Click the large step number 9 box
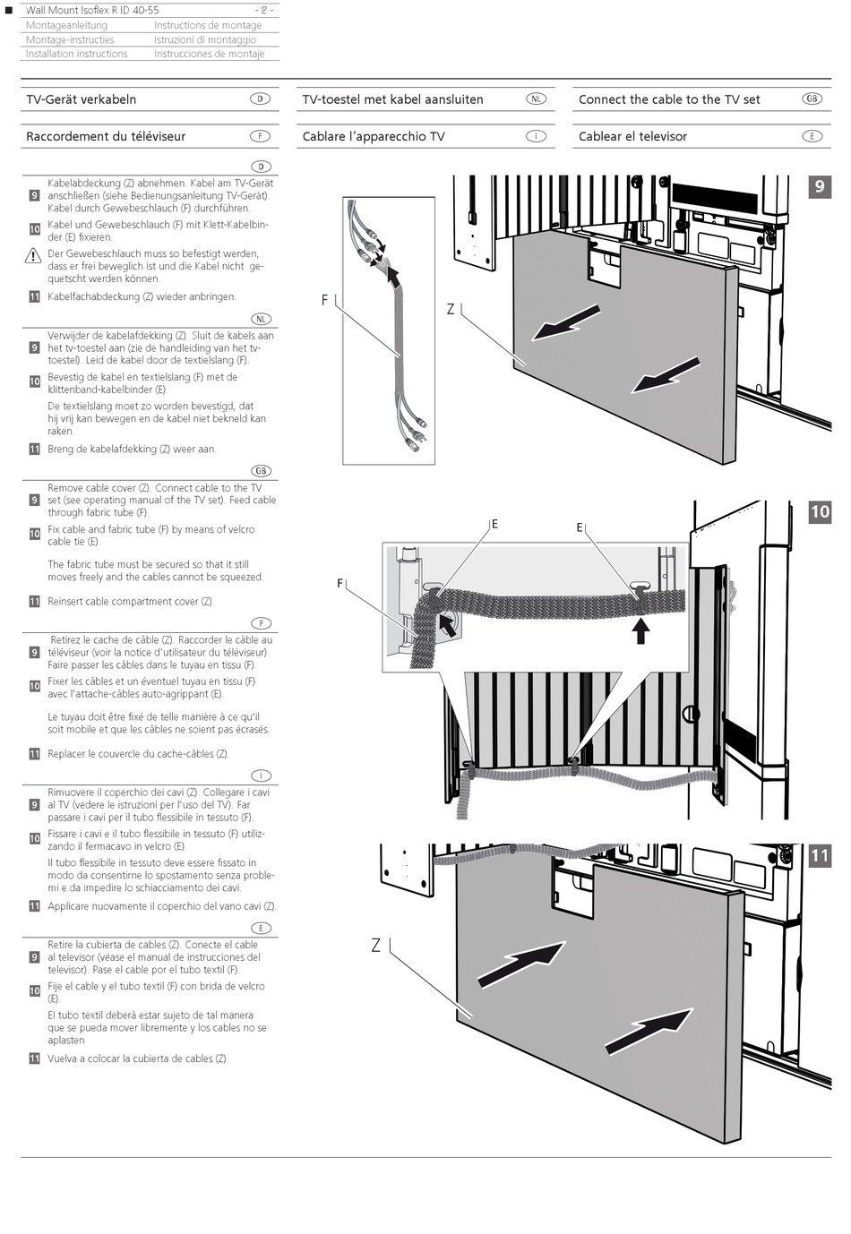tap(819, 186)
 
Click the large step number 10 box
tap(820, 511)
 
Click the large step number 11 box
tap(820, 855)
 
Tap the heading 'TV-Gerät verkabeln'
tap(82, 99)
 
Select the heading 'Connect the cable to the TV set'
tap(669, 99)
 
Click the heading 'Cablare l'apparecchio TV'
tap(374, 136)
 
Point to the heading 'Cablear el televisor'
tap(632, 136)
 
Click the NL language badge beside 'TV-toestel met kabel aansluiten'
tap(536, 99)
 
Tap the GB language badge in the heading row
tap(812, 99)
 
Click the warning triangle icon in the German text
tap(33, 256)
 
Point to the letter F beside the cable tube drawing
tap(325, 301)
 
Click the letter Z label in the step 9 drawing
tap(451, 310)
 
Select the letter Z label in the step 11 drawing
tap(375, 945)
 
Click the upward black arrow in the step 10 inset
tap(640, 630)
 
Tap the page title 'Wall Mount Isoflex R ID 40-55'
tap(92, 10)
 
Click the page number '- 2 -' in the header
tap(265, 10)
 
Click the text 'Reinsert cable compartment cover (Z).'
tap(131, 602)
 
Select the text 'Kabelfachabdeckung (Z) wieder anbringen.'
tap(142, 296)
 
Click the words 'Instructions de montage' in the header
tap(208, 25)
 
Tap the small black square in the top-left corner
tap(9, 10)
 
